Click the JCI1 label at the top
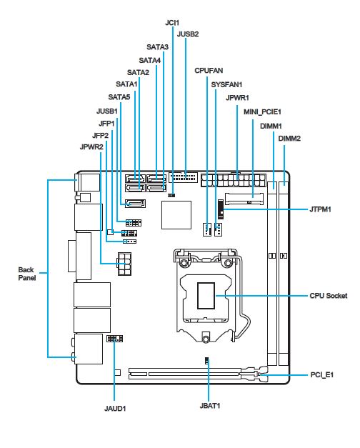click(x=172, y=23)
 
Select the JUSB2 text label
click(x=188, y=34)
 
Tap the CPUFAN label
click(x=209, y=71)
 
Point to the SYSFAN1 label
click(x=226, y=84)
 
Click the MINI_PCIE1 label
click(x=262, y=111)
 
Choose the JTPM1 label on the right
click(x=320, y=209)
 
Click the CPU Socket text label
click(x=329, y=296)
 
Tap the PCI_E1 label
click(x=322, y=374)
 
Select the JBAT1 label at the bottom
click(x=210, y=406)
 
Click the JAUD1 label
click(x=115, y=409)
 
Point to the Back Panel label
click(x=27, y=274)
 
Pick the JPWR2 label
click(x=91, y=147)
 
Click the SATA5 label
click(x=119, y=97)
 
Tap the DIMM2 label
click(x=289, y=139)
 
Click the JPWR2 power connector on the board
click(x=124, y=264)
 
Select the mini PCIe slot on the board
click(x=244, y=199)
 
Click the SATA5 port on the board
click(x=136, y=204)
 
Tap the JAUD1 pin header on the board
click(x=115, y=339)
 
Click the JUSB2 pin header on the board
click(x=183, y=177)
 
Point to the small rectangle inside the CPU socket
click(x=206, y=296)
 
